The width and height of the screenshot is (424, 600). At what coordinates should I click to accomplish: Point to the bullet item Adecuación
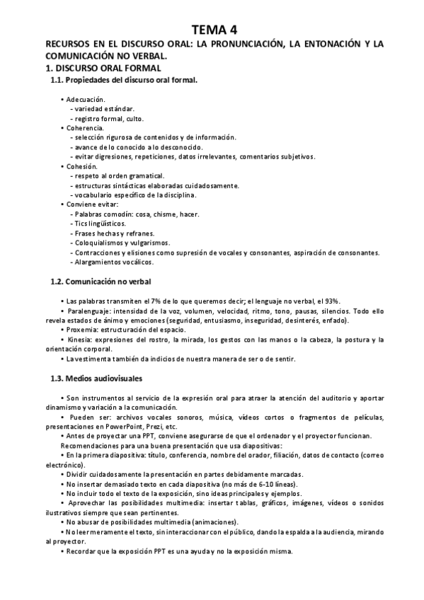(85, 100)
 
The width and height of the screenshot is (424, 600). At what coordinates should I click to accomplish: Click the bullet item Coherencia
(84, 128)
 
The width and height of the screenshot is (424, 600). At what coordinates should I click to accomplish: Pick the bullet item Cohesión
(81, 166)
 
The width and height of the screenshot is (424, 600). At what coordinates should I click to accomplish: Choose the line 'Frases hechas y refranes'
(114, 233)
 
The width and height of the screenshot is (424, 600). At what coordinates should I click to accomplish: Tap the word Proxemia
(83, 330)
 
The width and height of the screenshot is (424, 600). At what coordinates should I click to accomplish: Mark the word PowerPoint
(126, 427)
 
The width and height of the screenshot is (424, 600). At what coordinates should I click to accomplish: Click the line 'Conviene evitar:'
(90, 204)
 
